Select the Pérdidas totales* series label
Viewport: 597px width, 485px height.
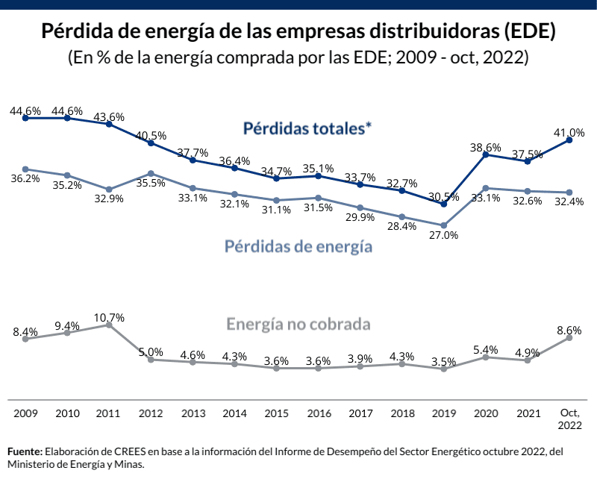click(x=307, y=128)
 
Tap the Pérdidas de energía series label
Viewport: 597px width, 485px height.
click(x=298, y=245)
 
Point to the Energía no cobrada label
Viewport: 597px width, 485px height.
click(x=298, y=325)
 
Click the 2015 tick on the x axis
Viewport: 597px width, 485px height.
click(x=276, y=413)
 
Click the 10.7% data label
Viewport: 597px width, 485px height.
click(x=109, y=317)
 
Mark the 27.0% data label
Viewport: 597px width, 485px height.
click(x=443, y=235)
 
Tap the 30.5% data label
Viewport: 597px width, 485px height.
click(x=443, y=196)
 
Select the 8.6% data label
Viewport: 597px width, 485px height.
click(x=569, y=330)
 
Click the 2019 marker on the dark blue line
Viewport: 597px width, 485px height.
click(x=444, y=204)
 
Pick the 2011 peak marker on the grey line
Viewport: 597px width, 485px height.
click(x=109, y=325)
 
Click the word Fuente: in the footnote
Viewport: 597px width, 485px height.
click(x=25, y=452)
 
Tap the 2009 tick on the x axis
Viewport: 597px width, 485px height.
click(x=25, y=413)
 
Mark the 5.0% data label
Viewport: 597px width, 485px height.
click(x=151, y=352)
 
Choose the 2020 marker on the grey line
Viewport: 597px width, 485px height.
click(x=486, y=357)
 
